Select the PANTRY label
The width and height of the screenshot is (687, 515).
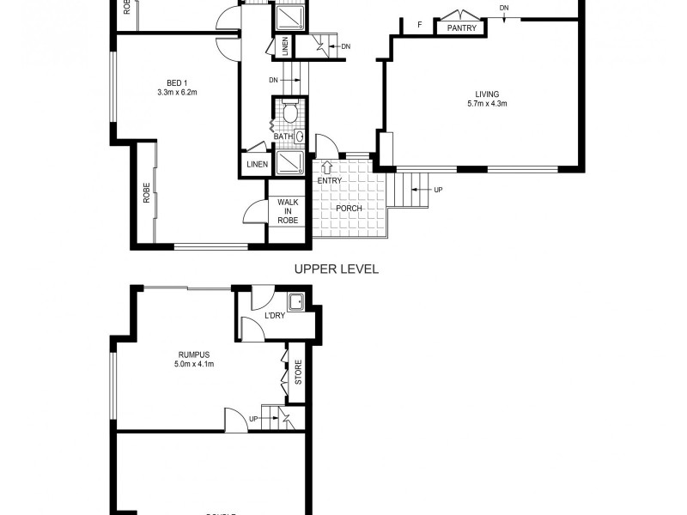pyautogui.click(x=462, y=27)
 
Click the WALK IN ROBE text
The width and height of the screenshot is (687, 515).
pyautogui.click(x=286, y=210)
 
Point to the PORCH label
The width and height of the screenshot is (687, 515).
pyautogui.click(x=350, y=209)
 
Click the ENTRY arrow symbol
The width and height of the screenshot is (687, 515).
pyautogui.click(x=327, y=167)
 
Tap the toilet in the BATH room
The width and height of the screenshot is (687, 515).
pyautogui.click(x=290, y=112)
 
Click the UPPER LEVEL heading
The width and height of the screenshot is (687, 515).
pyautogui.click(x=337, y=269)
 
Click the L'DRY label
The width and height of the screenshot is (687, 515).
pyautogui.click(x=275, y=316)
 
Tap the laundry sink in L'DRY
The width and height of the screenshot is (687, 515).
pyautogui.click(x=297, y=300)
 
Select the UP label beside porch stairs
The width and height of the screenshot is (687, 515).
pyautogui.click(x=438, y=190)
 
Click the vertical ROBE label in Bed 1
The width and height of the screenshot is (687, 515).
pyautogui.click(x=146, y=192)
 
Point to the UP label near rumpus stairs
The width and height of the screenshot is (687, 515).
pyautogui.click(x=253, y=419)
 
